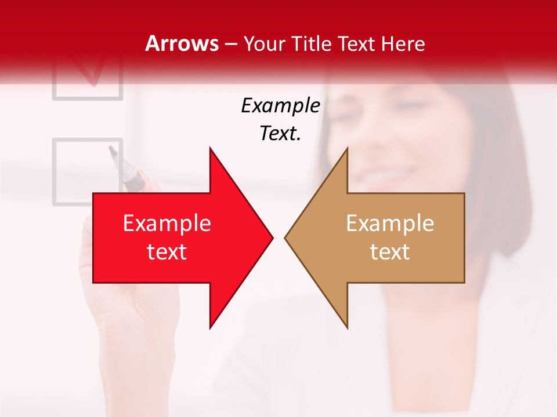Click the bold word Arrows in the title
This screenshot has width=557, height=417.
click(x=182, y=43)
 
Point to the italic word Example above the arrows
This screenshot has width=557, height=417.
click(x=280, y=106)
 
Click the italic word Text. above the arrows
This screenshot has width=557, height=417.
click(x=280, y=134)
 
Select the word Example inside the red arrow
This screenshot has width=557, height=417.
click(x=167, y=224)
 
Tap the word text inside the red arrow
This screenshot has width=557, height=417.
click(x=167, y=252)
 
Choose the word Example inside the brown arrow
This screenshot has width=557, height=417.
click(x=390, y=224)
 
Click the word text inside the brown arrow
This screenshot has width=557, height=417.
click(x=390, y=252)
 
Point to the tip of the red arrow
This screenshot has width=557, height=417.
click(x=272, y=237)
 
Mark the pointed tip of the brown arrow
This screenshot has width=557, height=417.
click(x=285, y=237)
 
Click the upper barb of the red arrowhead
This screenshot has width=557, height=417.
click(x=211, y=151)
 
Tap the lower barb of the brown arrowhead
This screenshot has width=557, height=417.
click(x=346, y=325)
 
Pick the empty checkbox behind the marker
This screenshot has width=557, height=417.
click(x=75, y=171)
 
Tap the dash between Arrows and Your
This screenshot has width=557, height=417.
click(x=230, y=44)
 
